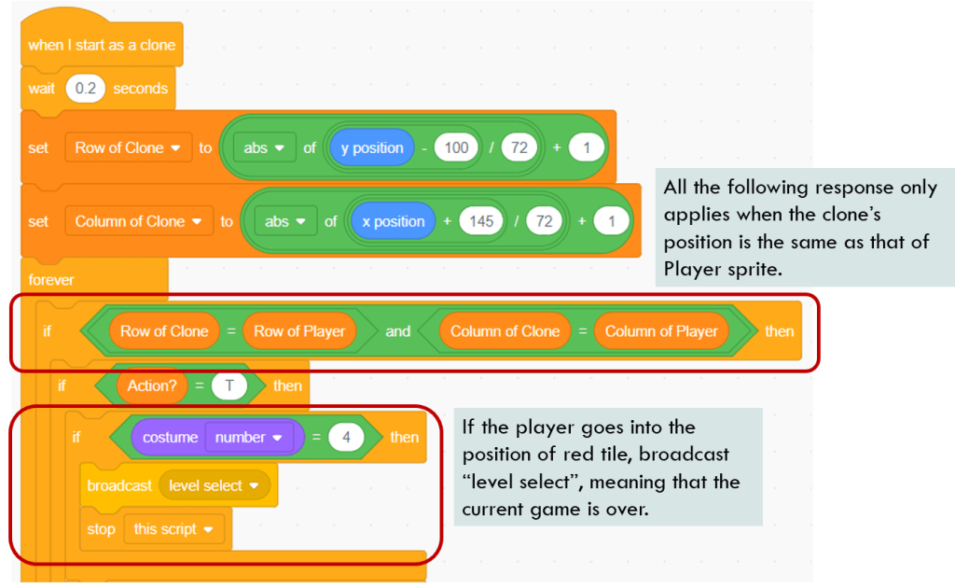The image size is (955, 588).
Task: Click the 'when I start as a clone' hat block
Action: point(101,45)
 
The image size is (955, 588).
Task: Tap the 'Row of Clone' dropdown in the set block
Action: point(128,147)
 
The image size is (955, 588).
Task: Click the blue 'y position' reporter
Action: point(371,147)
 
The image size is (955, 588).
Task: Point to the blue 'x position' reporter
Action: point(393,221)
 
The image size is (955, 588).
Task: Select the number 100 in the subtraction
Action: point(456,147)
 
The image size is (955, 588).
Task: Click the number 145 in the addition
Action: point(482,221)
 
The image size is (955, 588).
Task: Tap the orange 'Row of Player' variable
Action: point(299,330)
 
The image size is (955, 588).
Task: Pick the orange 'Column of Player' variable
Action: point(661,330)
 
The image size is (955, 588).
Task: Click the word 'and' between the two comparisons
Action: point(398,330)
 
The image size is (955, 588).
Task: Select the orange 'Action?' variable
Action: point(151,385)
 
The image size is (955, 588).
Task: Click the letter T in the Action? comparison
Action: point(228,385)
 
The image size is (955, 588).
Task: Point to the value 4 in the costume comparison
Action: point(346,437)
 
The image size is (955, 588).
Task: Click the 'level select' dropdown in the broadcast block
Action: point(215,485)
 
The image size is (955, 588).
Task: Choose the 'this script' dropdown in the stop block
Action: point(173,529)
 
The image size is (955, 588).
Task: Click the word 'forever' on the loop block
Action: point(51,279)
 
